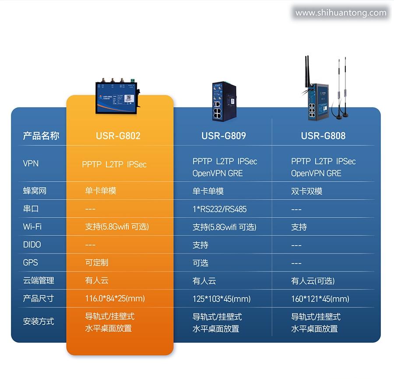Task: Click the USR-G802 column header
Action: coord(118,136)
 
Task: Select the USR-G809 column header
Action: coord(224,136)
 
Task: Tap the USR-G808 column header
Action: coord(323,136)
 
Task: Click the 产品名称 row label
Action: coord(41,136)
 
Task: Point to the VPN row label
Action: coord(31,164)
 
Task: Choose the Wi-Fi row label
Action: coord(32,227)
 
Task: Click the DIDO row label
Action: coord(32,245)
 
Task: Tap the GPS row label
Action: coord(31,263)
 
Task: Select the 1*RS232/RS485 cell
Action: coord(219,209)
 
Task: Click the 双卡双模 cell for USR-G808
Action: coord(306,191)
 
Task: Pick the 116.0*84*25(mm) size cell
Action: coord(115,298)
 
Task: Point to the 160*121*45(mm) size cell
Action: coord(320,299)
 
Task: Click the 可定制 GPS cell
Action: coord(96,263)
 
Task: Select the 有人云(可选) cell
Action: coord(313,281)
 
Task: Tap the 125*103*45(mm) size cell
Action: coord(222,299)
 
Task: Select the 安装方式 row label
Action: coord(39,322)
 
